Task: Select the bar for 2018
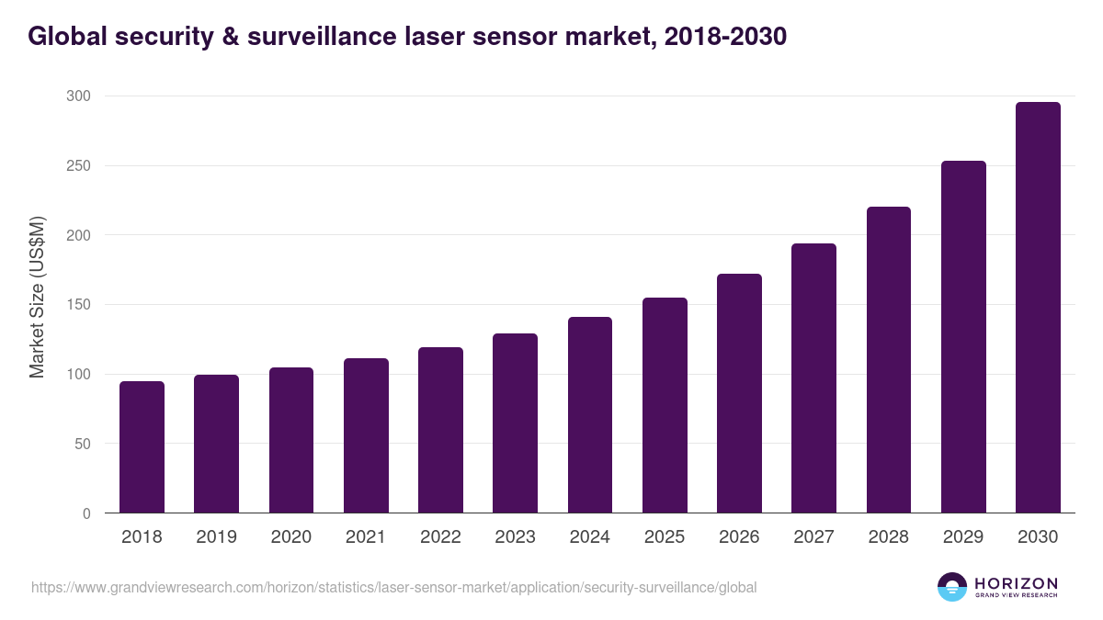[x=142, y=447]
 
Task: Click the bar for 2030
[x=1038, y=308]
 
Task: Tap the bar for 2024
[x=590, y=415]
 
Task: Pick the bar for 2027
[x=813, y=378]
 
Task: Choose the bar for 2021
[x=366, y=435]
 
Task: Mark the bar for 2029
[x=963, y=337]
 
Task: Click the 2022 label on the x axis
[x=440, y=537]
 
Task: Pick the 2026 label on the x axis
[x=739, y=537]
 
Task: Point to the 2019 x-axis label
[x=216, y=537]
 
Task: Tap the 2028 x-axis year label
[x=889, y=537]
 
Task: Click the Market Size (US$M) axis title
[x=37, y=298]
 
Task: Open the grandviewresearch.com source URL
[x=393, y=587]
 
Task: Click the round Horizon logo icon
[x=952, y=587]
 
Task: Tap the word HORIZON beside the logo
[x=1016, y=582]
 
